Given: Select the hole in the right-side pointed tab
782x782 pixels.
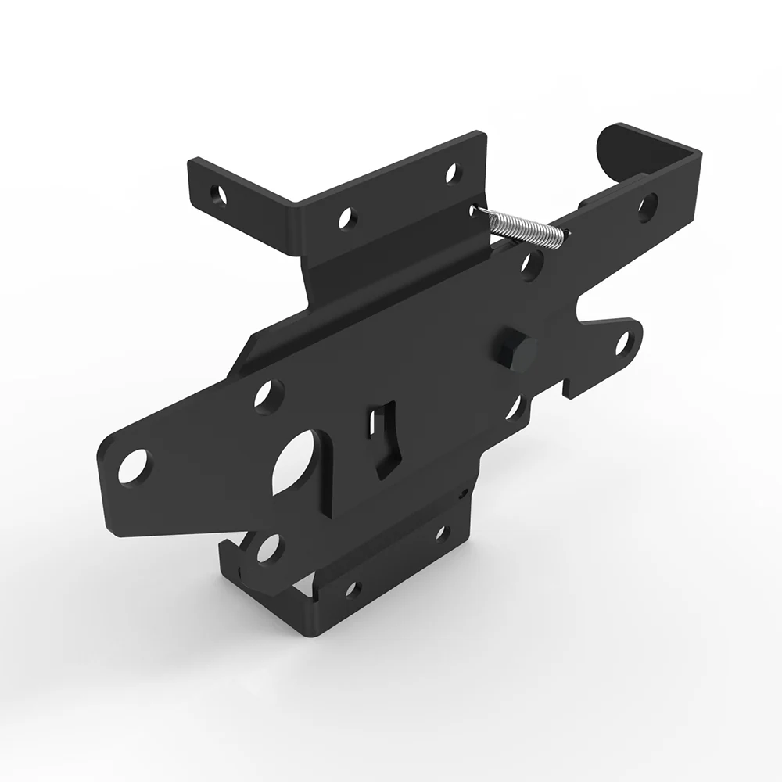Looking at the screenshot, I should click(623, 343).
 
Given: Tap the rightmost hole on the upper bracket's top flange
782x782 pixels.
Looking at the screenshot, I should click(451, 173).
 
